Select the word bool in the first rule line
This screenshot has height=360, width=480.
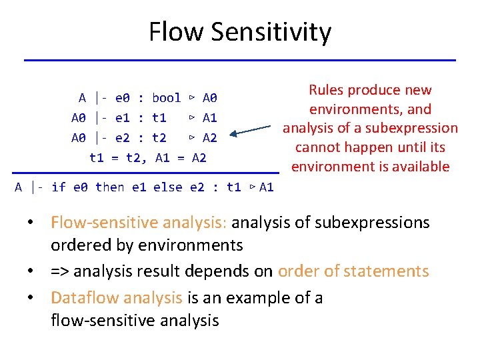tap(166, 98)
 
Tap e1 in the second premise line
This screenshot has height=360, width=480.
tap(122, 118)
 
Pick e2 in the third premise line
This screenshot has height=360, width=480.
tap(122, 138)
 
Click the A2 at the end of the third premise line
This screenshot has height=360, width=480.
tap(209, 138)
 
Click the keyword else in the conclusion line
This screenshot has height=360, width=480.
tap(167, 187)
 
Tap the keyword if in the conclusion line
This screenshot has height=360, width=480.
tap(58, 187)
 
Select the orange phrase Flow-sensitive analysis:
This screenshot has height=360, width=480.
tap(140, 222)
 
